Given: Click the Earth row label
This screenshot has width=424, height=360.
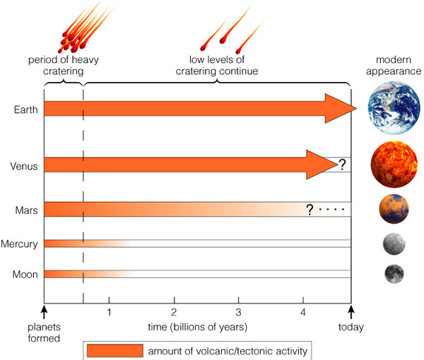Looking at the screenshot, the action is [25, 109].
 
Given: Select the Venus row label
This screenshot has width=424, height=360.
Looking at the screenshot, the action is [24, 166].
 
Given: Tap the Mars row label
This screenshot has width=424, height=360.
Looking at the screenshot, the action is [26, 210].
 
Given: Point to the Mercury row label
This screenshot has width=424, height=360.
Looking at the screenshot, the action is [19, 244].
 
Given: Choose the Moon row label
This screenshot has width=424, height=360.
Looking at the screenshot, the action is [25, 275].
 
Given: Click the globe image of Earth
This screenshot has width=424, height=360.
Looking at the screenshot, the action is [394, 108].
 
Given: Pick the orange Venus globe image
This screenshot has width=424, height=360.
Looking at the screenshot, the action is [394, 164].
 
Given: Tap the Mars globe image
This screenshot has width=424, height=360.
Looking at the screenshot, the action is [394, 209].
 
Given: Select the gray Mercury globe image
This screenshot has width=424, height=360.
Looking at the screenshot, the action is [394, 244].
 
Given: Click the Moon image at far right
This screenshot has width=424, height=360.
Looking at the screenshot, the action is [394, 274].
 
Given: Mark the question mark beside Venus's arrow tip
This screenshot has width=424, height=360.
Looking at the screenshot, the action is [342, 164].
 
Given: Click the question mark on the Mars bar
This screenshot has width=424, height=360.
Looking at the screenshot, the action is [310, 210].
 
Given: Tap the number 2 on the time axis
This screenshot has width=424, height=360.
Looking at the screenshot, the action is [174, 313].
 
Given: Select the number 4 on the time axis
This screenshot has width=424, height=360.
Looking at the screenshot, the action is [303, 313].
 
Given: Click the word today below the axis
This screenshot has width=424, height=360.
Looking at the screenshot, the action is [351, 327].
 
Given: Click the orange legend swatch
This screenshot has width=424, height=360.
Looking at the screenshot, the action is [115, 351].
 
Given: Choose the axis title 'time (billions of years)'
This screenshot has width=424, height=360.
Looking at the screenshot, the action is [197, 327].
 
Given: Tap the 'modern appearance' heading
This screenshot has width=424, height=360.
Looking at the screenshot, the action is [394, 66].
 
